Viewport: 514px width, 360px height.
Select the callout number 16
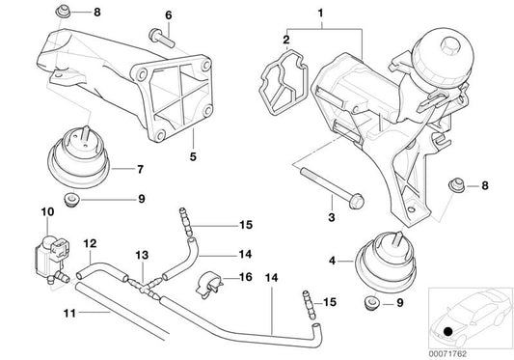(x=245, y=276)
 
